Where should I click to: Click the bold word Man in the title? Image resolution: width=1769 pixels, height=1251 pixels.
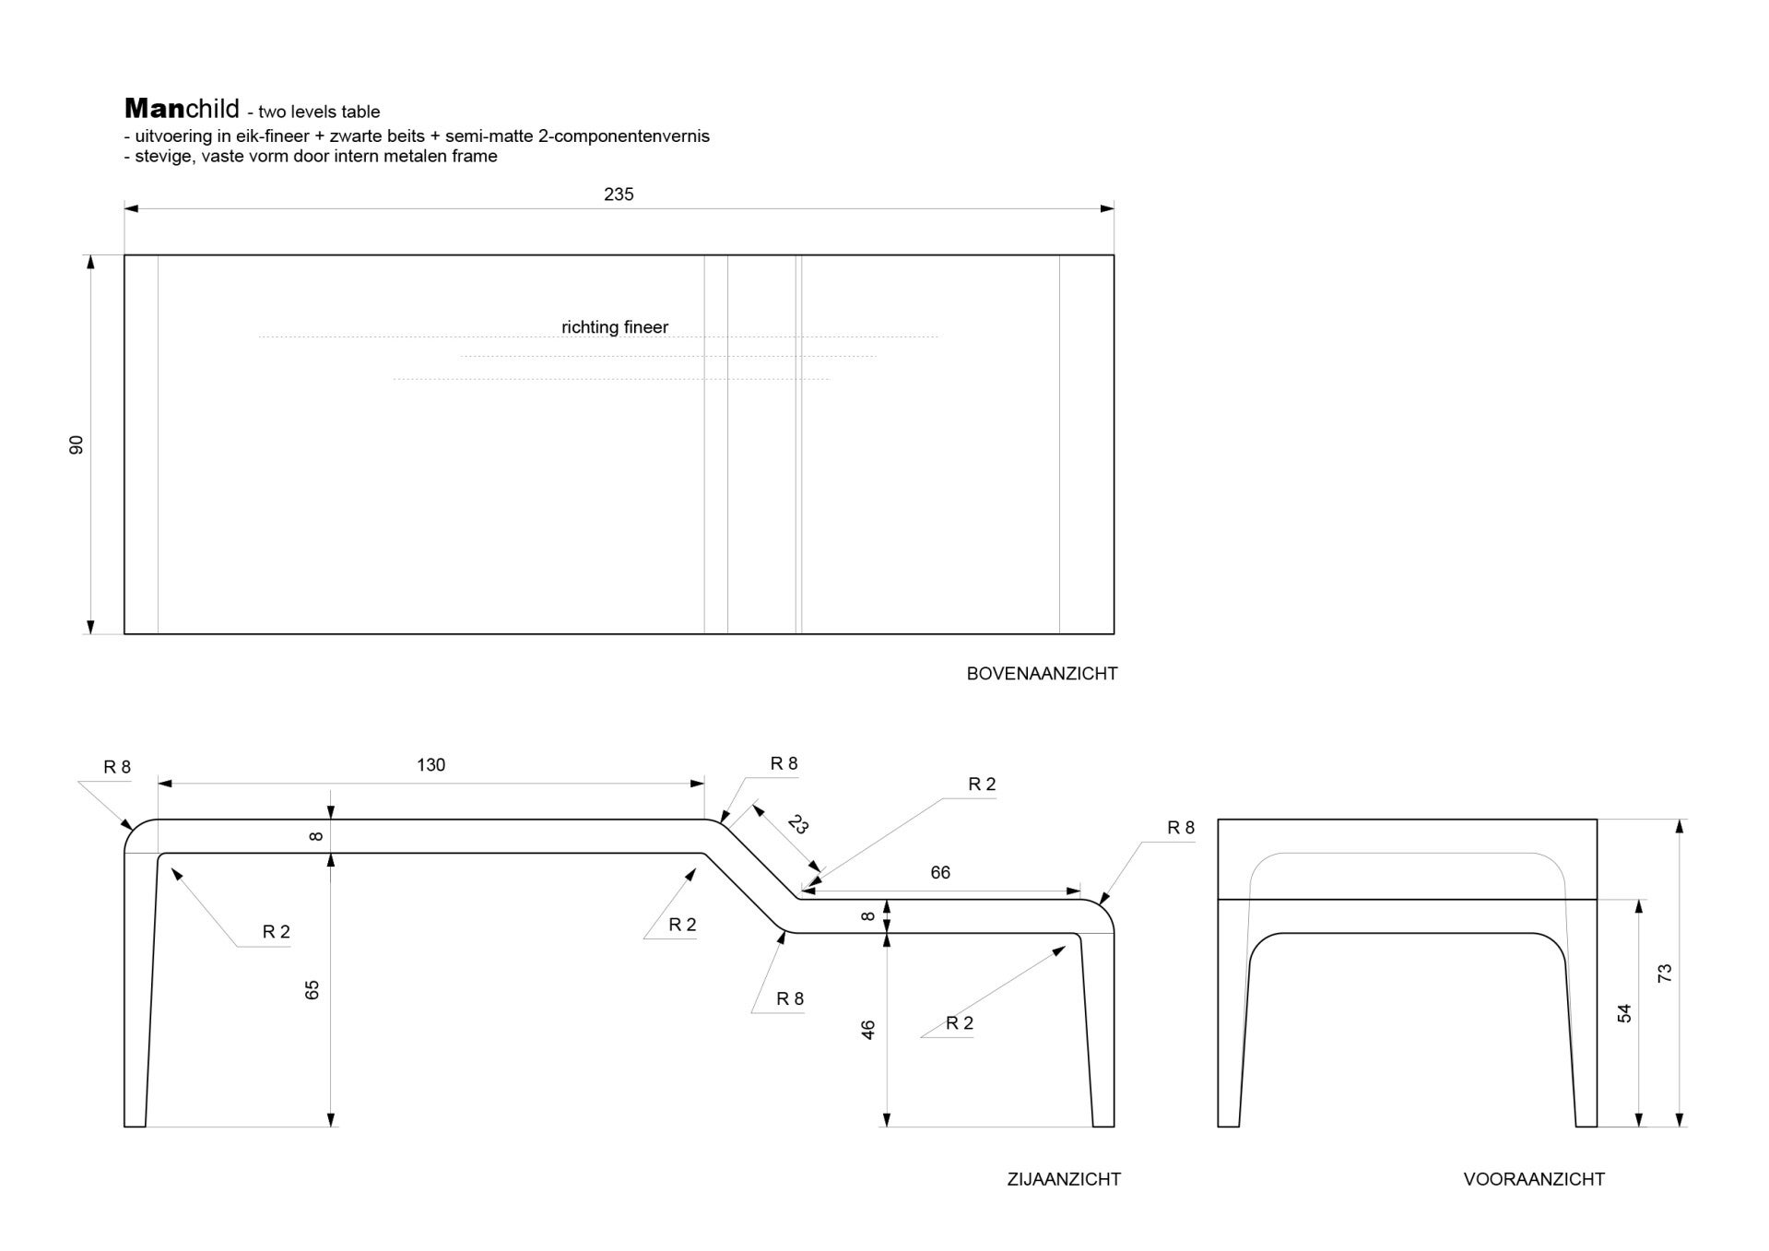154,109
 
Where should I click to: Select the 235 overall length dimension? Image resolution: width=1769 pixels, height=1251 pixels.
619,195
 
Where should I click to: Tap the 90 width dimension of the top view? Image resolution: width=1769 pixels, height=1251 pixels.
77,444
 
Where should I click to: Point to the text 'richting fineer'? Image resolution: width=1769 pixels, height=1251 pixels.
615,327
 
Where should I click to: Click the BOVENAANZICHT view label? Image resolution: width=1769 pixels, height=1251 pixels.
1042,674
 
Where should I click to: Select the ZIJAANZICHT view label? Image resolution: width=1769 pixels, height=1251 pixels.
1064,1179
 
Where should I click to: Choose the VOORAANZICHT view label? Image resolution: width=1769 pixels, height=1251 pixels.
1534,1179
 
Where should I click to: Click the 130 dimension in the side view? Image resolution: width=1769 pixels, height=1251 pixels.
430,765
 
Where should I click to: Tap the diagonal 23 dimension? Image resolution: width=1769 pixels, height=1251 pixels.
798,824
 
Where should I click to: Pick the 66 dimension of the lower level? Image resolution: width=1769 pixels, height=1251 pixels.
940,873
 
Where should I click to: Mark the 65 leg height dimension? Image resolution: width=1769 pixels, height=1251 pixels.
313,990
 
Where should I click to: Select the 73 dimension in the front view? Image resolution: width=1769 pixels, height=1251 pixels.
1665,974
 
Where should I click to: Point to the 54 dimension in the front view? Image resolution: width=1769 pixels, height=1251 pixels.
1624,1013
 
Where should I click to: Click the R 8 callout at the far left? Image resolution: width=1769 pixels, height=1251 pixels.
117,767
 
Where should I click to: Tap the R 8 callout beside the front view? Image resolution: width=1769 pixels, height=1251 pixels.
1181,828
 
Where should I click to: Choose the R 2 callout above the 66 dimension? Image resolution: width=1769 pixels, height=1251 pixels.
982,785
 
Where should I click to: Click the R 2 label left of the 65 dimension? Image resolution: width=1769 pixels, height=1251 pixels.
277,932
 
